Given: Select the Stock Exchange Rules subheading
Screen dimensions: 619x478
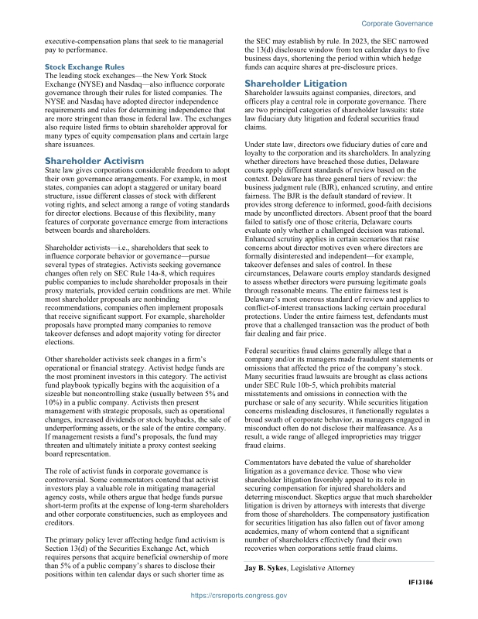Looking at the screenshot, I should click(x=82, y=67).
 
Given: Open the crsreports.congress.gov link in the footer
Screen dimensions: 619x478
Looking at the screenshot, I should click(x=239, y=597).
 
